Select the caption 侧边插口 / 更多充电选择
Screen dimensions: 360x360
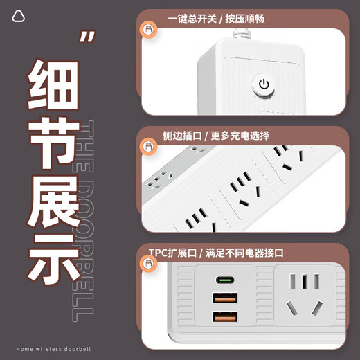(x=216, y=135)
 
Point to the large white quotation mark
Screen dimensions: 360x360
(x=86, y=38)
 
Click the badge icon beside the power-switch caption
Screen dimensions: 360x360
(x=147, y=29)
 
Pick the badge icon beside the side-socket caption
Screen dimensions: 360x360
(x=147, y=146)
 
